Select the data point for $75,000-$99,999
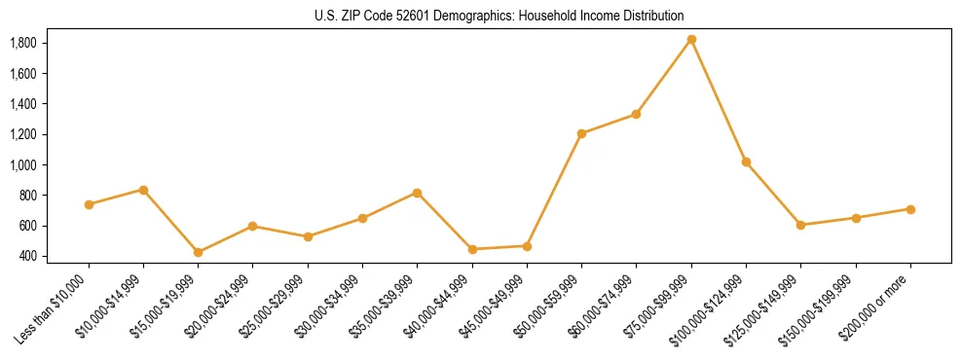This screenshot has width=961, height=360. pyautogui.click(x=691, y=40)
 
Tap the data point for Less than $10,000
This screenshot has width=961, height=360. pyautogui.click(x=89, y=204)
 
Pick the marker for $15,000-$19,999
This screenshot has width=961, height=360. pyautogui.click(x=198, y=252)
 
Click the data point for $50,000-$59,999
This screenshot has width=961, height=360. pyautogui.click(x=581, y=133)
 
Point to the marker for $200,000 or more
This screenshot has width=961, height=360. pyautogui.click(x=910, y=209)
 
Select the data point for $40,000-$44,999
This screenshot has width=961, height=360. pyautogui.click(x=472, y=249)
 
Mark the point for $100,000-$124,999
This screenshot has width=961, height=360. pyautogui.click(x=746, y=162)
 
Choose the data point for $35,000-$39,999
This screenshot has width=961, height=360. pyautogui.click(x=417, y=193)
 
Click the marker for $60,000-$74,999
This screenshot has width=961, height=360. pyautogui.click(x=636, y=114)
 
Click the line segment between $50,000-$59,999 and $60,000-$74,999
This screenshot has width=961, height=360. pyautogui.click(x=609, y=124)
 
